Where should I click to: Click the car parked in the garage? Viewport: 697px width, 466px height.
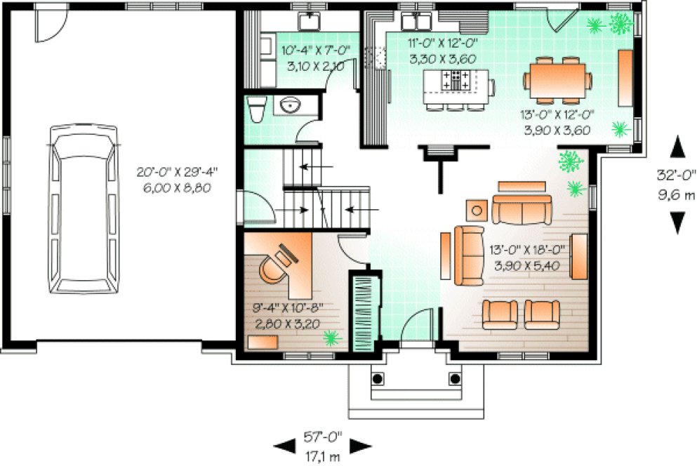(x=84, y=208)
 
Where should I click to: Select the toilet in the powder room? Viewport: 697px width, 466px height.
(x=255, y=109)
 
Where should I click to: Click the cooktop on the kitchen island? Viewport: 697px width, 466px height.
(x=456, y=79)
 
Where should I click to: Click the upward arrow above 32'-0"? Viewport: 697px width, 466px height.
(x=677, y=148)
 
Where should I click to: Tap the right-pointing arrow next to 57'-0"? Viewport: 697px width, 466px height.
(x=360, y=445)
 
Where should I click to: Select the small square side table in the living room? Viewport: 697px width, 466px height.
(x=479, y=209)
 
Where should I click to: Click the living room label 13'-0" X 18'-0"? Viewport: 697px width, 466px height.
(x=531, y=258)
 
